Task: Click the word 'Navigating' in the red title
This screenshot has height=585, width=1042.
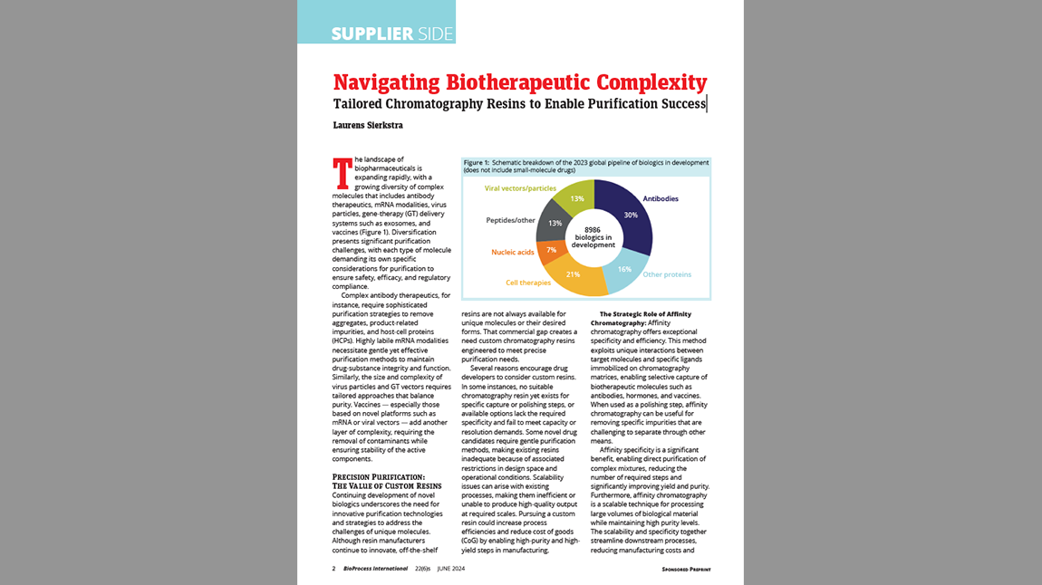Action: (387, 82)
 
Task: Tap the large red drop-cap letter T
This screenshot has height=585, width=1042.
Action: (341, 173)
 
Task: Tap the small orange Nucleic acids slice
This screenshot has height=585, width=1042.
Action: (548, 251)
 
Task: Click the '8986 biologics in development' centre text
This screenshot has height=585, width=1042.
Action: (593, 237)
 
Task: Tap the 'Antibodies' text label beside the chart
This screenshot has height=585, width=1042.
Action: (661, 198)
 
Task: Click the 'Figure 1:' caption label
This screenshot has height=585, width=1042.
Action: (478, 162)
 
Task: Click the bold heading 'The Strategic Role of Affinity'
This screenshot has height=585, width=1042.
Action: (651, 313)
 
